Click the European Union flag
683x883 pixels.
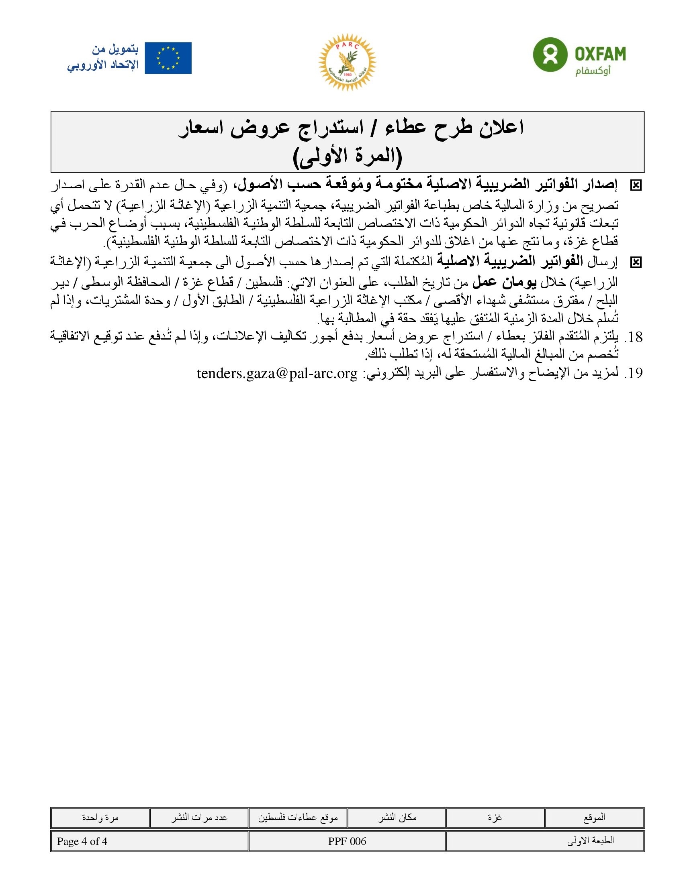point(168,58)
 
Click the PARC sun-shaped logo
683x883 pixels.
point(347,62)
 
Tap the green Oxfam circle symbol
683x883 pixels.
point(550,54)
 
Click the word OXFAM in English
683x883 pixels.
point(600,54)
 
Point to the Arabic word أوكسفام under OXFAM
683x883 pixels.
point(593,71)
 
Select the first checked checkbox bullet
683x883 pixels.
point(636,185)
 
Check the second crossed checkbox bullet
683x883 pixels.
point(636,263)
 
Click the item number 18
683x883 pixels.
point(633,337)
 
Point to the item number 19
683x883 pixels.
point(633,373)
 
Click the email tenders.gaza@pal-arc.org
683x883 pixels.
point(277,373)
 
